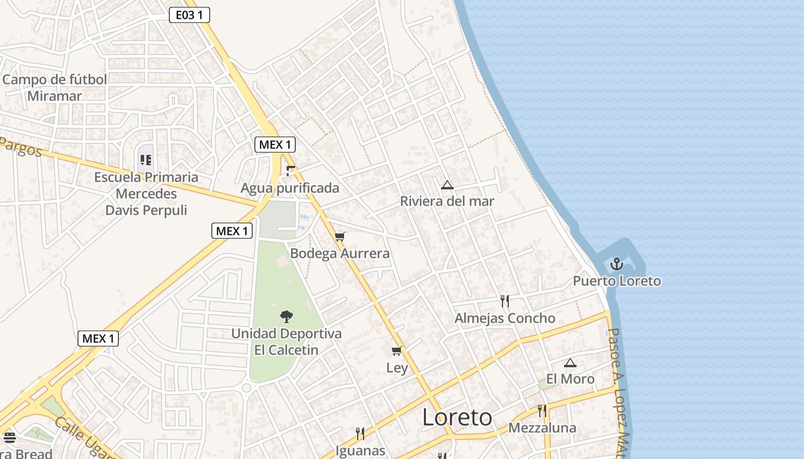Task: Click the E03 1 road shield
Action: pyautogui.click(x=189, y=15)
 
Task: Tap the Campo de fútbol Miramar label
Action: pyautogui.click(x=55, y=88)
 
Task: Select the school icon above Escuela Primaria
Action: pyautogui.click(x=146, y=160)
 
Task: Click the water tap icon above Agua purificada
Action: pyautogui.click(x=291, y=170)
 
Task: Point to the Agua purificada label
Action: pyautogui.click(x=290, y=188)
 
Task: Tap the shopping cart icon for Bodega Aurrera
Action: pyautogui.click(x=340, y=236)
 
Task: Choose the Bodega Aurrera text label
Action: pyautogui.click(x=340, y=254)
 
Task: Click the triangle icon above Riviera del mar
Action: pyautogui.click(x=447, y=185)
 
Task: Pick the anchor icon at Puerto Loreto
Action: pyautogui.click(x=616, y=264)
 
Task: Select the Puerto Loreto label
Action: pyautogui.click(x=617, y=281)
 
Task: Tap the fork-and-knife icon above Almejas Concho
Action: pyautogui.click(x=505, y=301)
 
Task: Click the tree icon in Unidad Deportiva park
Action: pyautogui.click(x=286, y=316)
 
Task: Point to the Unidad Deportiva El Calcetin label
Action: pyautogui.click(x=286, y=341)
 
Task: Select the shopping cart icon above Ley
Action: pyautogui.click(x=396, y=351)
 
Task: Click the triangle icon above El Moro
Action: pyautogui.click(x=570, y=363)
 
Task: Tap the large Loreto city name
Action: pyautogui.click(x=457, y=418)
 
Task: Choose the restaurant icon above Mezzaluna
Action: pyautogui.click(x=542, y=411)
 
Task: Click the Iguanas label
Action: pyautogui.click(x=360, y=450)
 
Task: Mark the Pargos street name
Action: pyautogui.click(x=22, y=147)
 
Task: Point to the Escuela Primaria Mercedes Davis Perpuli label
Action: pyautogui.click(x=146, y=193)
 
